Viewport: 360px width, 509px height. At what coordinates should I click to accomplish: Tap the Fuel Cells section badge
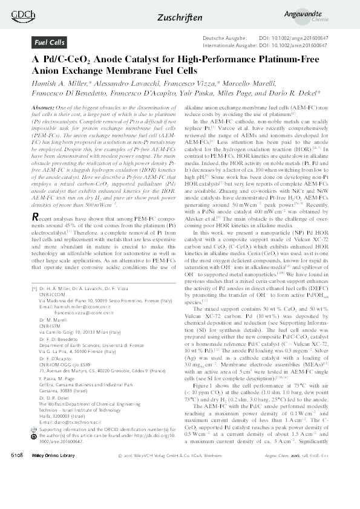click(x=50, y=43)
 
